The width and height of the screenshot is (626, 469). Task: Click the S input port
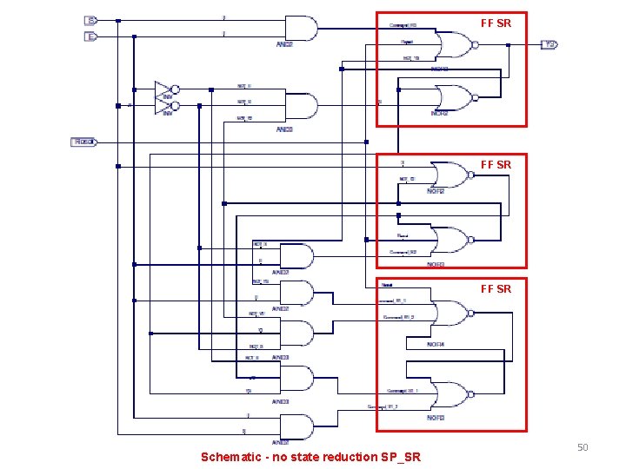[90, 19]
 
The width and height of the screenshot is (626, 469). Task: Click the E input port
[90, 36]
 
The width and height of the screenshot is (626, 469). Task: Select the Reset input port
[83, 142]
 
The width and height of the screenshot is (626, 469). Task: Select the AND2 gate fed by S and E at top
[299, 28]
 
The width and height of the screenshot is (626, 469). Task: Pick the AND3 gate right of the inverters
[299, 105]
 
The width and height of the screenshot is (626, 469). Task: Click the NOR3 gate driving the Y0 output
[451, 45]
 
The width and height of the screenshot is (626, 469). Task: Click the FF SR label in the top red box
[496, 23]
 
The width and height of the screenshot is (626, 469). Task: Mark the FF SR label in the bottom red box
[496, 288]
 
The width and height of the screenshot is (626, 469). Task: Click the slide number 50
[583, 447]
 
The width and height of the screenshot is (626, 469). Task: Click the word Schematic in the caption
[229, 457]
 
